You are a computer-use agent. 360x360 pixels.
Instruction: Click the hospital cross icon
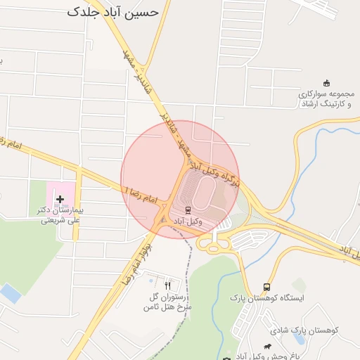pos(60,200)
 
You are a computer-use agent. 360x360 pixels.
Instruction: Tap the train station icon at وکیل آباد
pos(188,210)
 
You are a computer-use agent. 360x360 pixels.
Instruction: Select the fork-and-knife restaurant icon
pos(167,285)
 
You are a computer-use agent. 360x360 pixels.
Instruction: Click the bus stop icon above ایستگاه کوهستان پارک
pos(266,287)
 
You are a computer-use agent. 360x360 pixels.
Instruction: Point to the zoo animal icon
pos(267,346)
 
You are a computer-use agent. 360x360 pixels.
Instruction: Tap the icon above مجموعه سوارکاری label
pos(326,84)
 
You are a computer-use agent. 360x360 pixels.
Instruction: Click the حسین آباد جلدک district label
pos(113,12)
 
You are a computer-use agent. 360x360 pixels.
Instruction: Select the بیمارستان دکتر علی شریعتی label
pos(60,215)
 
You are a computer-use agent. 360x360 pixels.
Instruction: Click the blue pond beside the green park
pos(10,293)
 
